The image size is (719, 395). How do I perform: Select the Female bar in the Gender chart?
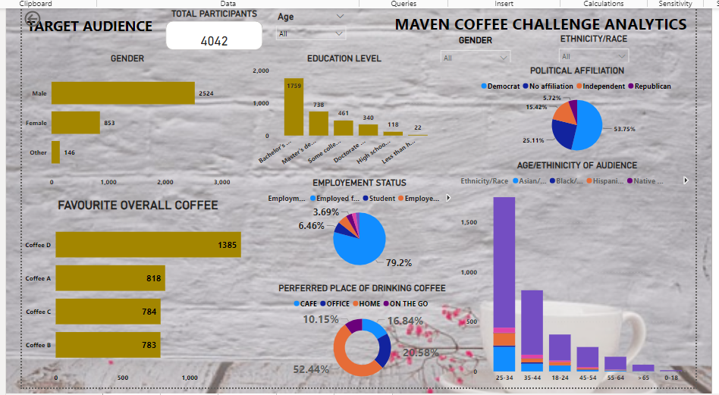click(75, 123)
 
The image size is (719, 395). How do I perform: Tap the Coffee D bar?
click(148, 245)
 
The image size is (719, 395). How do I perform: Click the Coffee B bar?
click(108, 345)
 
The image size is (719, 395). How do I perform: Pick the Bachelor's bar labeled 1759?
click(294, 106)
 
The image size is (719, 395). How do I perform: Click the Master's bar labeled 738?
click(319, 123)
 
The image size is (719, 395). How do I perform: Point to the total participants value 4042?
click(214, 41)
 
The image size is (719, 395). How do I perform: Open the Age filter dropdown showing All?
click(311, 33)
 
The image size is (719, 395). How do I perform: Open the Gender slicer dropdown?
click(476, 58)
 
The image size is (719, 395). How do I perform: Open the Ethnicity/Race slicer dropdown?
click(593, 56)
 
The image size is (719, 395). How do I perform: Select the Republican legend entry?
click(652, 86)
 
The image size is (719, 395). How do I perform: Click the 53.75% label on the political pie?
click(624, 129)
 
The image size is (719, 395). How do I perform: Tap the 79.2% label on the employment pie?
click(398, 263)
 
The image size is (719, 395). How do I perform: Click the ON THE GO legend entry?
click(409, 304)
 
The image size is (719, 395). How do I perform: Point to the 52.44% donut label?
click(311, 369)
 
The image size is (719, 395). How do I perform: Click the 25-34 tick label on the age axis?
click(504, 377)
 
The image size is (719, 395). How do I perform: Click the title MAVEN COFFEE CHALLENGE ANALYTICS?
click(541, 24)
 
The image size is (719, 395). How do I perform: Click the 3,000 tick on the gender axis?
click(221, 182)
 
